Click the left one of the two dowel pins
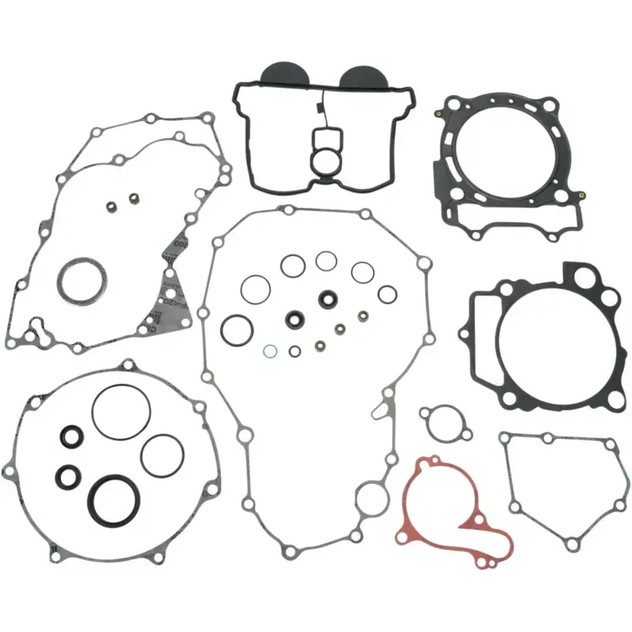coord(112,209)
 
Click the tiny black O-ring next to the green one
coord(295,351)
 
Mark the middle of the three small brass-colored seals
coord(340,328)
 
